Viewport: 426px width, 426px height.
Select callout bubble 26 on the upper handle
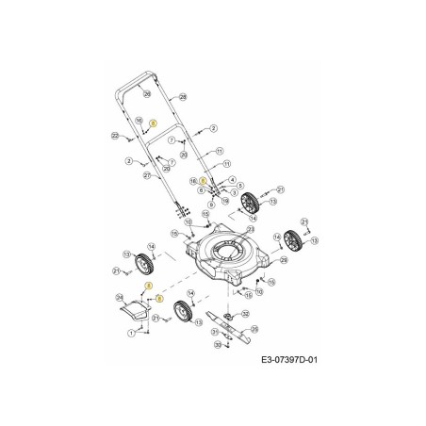pos(146,94)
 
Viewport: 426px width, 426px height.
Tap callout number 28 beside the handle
pos(183,97)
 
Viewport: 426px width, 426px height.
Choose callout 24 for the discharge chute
pos(120,299)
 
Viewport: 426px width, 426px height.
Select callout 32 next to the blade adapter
pos(246,314)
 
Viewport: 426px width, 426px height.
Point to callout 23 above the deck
pos(250,229)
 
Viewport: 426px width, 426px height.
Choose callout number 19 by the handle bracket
pos(224,201)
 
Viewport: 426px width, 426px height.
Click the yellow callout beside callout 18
pos(202,180)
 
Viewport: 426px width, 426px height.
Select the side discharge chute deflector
pos(134,310)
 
